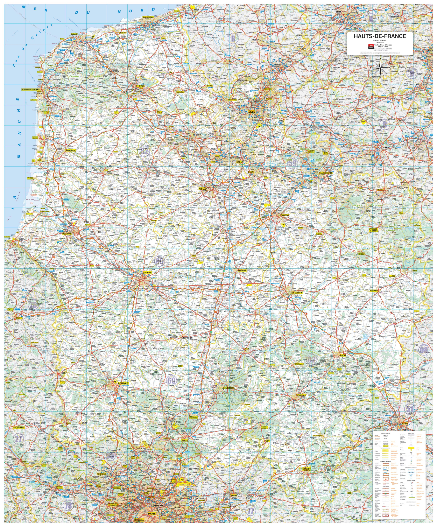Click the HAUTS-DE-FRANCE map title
pyautogui.click(x=380, y=36)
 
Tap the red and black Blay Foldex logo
pyautogui.click(x=371, y=47)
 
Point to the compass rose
pyautogui.click(x=381, y=67)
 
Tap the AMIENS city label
pyautogui.click(x=147, y=273)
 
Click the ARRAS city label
pyautogui.click(x=202, y=189)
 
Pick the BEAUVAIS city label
pyautogui.click(x=123, y=384)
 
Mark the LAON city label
pyautogui.click(x=343, y=355)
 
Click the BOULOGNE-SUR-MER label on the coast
pyautogui.click(x=31, y=90)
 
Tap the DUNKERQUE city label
pyautogui.click(x=148, y=17)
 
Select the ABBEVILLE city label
pyautogui.click(x=67, y=234)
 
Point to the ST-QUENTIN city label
pyautogui.click(x=297, y=293)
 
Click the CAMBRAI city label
pyautogui.click(x=285, y=215)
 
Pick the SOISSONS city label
pyautogui.click(x=301, y=395)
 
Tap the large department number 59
pyautogui.click(x=292, y=163)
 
